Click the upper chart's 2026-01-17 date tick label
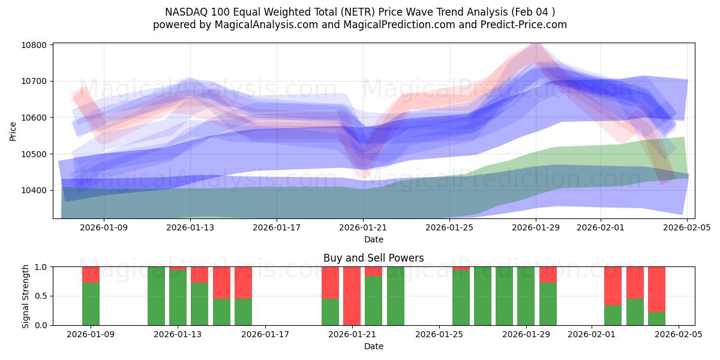pyautogui.click(x=277, y=228)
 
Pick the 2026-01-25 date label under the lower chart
pyautogui.click(x=440, y=335)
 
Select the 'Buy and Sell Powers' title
pyautogui.click(x=373, y=258)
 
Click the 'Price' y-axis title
pyautogui.click(x=13, y=131)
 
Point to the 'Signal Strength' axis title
pyautogui.click(x=26, y=296)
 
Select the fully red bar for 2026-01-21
pyautogui.click(x=352, y=296)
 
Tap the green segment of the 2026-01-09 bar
pyautogui.click(x=91, y=304)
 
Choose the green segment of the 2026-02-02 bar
pyautogui.click(x=613, y=315)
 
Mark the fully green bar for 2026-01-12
pyautogui.click(x=156, y=296)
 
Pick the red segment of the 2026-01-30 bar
pyautogui.click(x=548, y=274)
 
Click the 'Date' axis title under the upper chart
pyautogui.click(x=373, y=239)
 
